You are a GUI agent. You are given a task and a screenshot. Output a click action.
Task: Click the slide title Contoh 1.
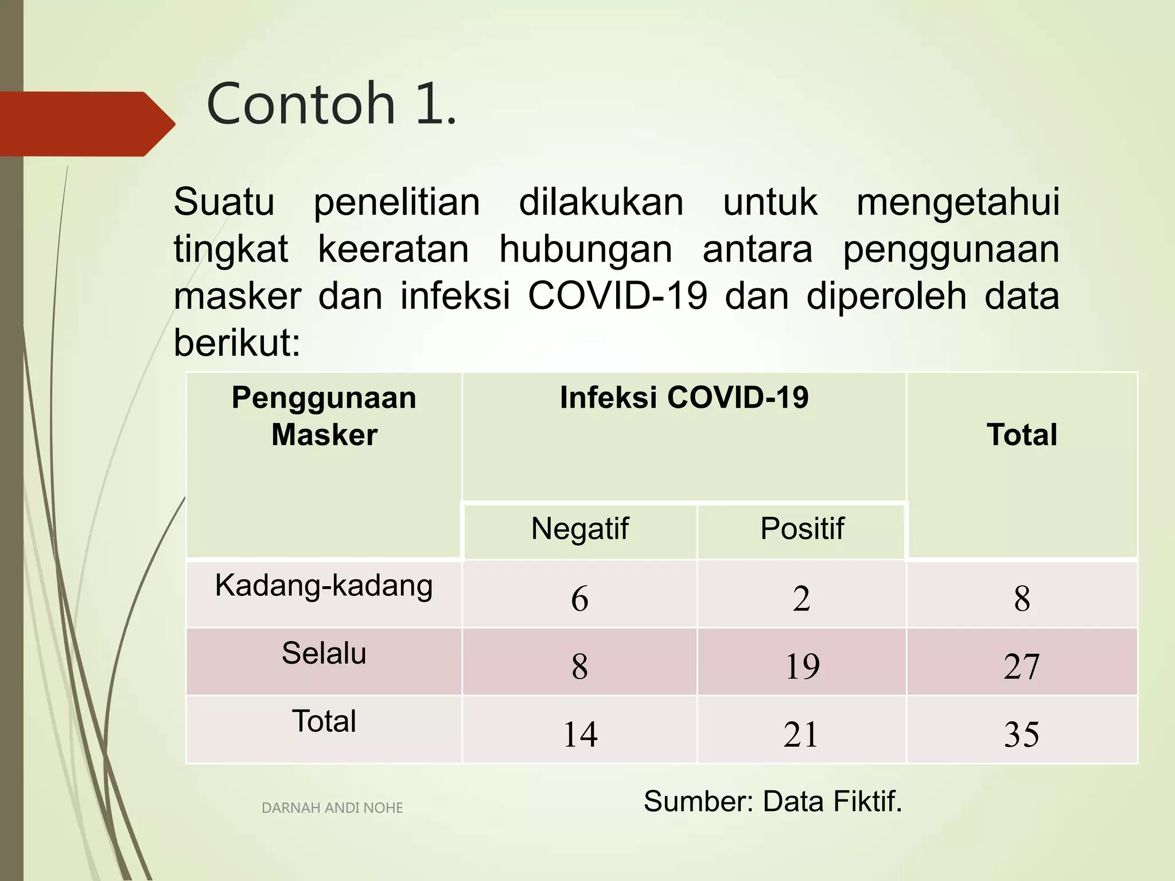tap(331, 104)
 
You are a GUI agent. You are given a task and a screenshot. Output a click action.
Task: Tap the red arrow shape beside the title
tap(86, 123)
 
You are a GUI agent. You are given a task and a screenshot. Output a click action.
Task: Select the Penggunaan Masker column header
tap(324, 416)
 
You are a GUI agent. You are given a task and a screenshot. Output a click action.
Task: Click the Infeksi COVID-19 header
tap(684, 397)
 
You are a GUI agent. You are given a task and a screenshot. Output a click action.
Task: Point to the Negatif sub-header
tap(579, 528)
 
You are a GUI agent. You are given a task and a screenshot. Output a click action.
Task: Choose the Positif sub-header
tap(802, 528)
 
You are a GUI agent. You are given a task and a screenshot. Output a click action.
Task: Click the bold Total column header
tap(1022, 434)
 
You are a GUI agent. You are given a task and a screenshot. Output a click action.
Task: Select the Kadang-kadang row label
tap(324, 586)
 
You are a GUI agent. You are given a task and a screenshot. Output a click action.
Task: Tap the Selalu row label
tap(324, 653)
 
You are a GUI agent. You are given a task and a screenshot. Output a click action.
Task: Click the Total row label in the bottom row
tap(324, 721)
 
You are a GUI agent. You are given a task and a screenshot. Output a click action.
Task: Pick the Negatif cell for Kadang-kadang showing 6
tap(579, 598)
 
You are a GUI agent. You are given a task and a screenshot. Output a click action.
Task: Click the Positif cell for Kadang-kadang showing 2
tap(802, 598)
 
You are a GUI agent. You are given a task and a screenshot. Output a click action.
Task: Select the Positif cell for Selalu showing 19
tap(802, 666)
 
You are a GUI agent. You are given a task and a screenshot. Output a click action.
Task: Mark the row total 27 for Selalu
tap(1022, 666)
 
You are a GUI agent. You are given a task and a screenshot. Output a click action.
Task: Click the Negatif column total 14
tap(580, 734)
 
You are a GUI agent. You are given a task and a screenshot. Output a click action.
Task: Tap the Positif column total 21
tap(801, 734)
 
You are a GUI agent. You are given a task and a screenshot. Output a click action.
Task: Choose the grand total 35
tap(1022, 734)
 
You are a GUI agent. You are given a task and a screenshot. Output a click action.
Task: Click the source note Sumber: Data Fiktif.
tap(773, 801)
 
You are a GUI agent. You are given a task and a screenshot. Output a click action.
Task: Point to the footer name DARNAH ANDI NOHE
tap(332, 808)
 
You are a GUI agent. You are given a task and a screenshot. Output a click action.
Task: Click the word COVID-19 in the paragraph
tap(617, 296)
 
